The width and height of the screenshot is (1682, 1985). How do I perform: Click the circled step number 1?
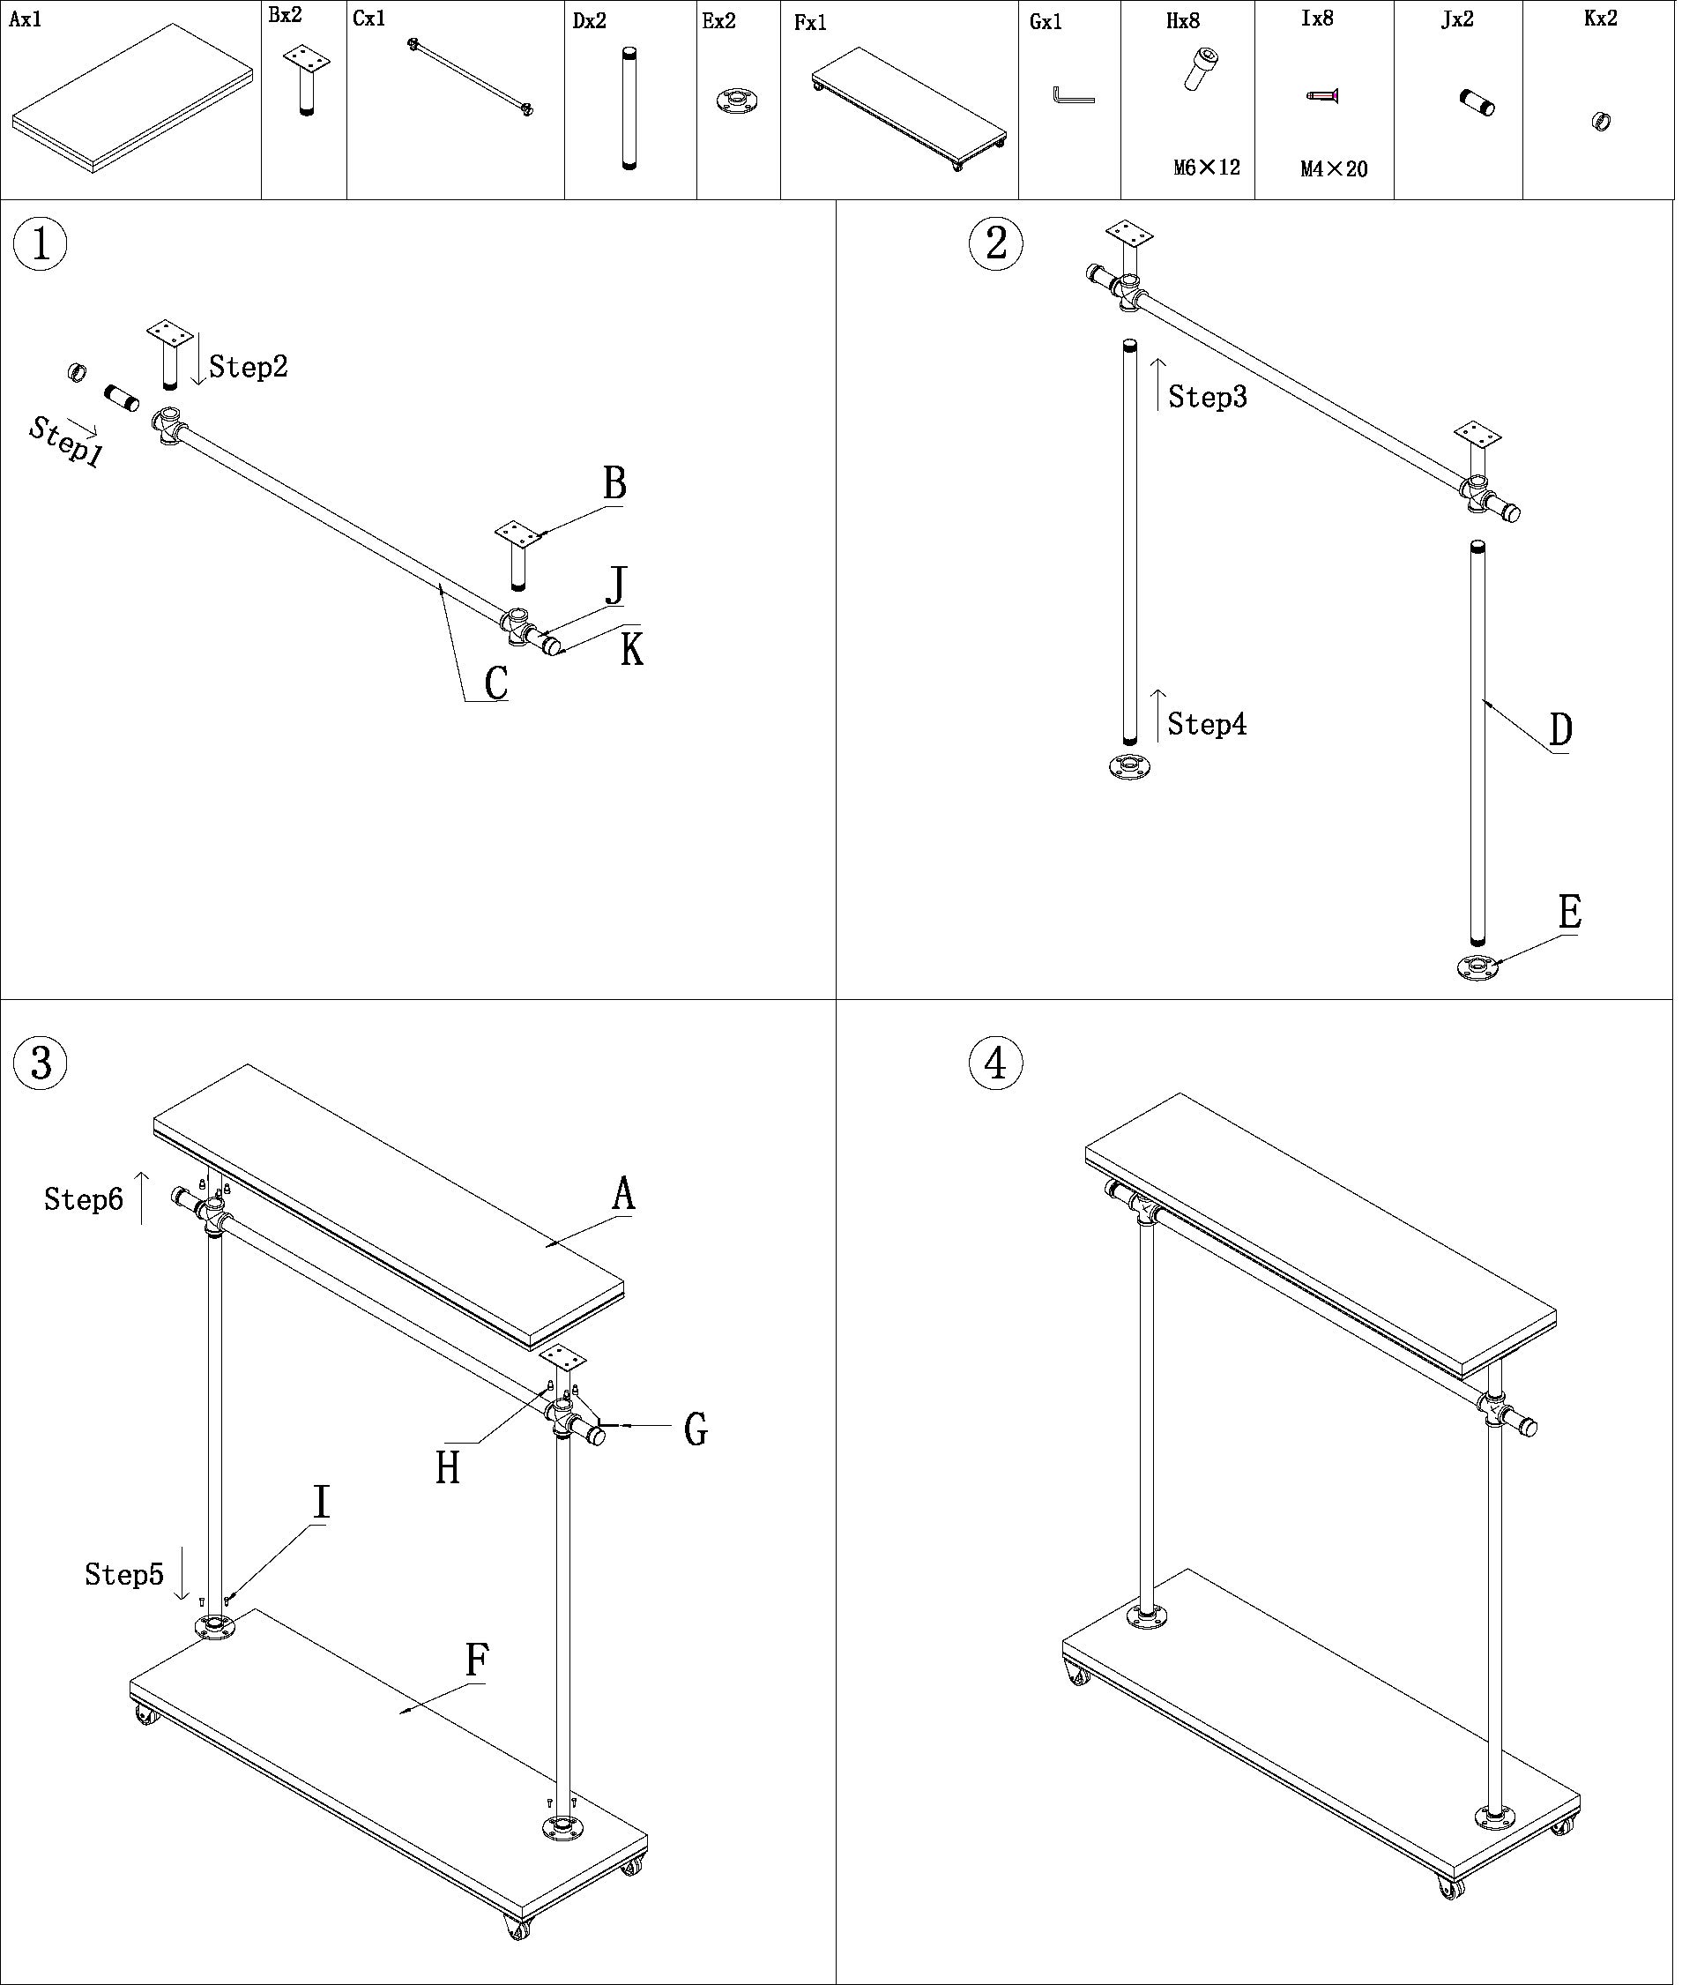coord(40,245)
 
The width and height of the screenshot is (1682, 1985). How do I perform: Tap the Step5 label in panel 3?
coord(124,1575)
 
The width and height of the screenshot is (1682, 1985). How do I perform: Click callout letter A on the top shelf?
coord(624,1193)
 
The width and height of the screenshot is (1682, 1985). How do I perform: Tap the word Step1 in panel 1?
coord(65,442)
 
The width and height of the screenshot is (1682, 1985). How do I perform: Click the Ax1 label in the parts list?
coord(26,20)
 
